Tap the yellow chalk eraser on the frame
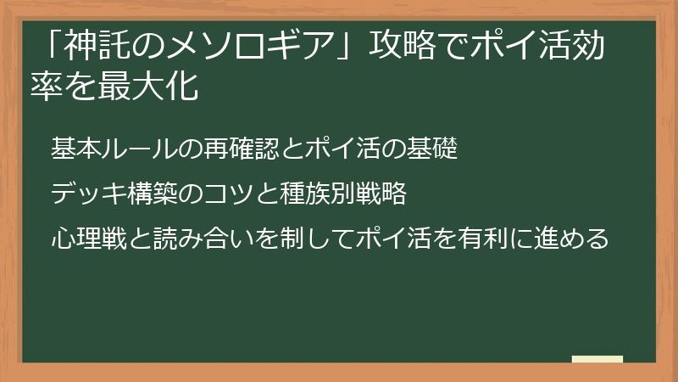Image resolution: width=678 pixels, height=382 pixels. click(597, 359)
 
